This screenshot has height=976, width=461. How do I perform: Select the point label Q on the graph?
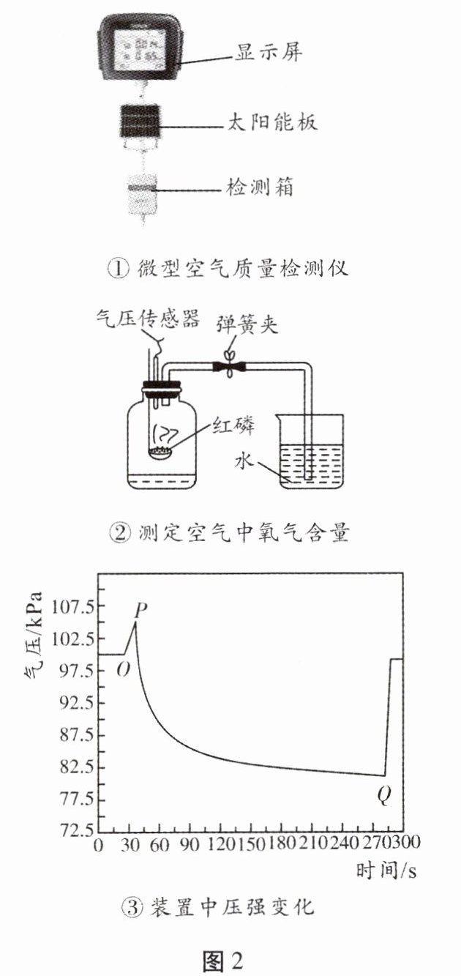[384, 795]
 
